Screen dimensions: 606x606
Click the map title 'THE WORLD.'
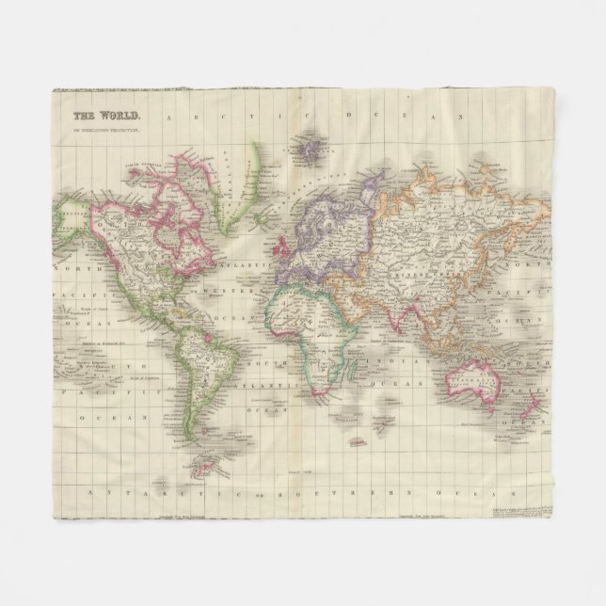[x=98, y=118]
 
